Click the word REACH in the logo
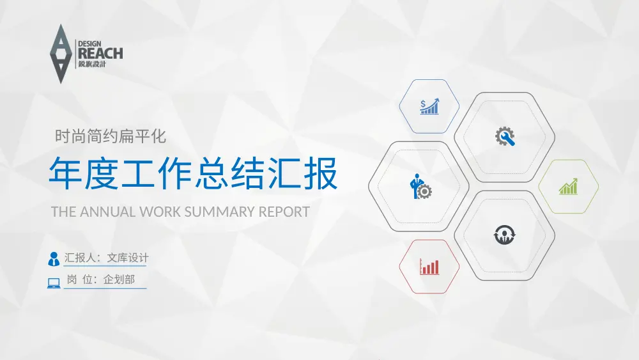pos(100,54)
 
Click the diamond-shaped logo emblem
pos(61,54)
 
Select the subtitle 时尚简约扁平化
pos(111,136)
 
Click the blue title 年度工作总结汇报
pos(193,173)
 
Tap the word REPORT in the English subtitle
pos(284,212)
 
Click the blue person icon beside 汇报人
pos(54,258)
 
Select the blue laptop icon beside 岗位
pos(54,282)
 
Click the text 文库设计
pos(128,258)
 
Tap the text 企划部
pos(119,280)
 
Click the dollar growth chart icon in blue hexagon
pos(429,106)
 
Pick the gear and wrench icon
pos(505,137)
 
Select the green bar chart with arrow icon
pos(568,187)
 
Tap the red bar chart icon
pos(429,267)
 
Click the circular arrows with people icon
pos(504,235)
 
